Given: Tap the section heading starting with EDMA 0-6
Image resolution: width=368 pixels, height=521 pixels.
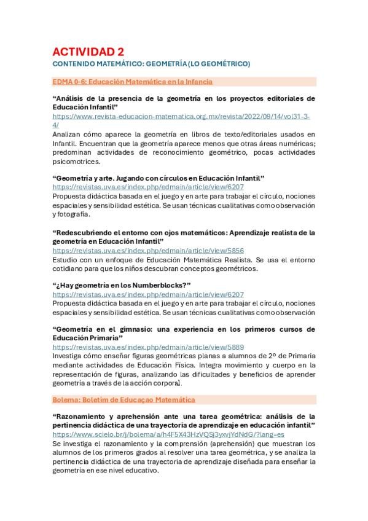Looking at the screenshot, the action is tap(133, 81).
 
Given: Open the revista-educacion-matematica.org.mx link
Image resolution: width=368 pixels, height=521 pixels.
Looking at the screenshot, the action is tap(181, 116).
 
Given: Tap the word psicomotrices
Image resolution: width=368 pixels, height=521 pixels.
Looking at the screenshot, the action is tap(76, 162).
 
